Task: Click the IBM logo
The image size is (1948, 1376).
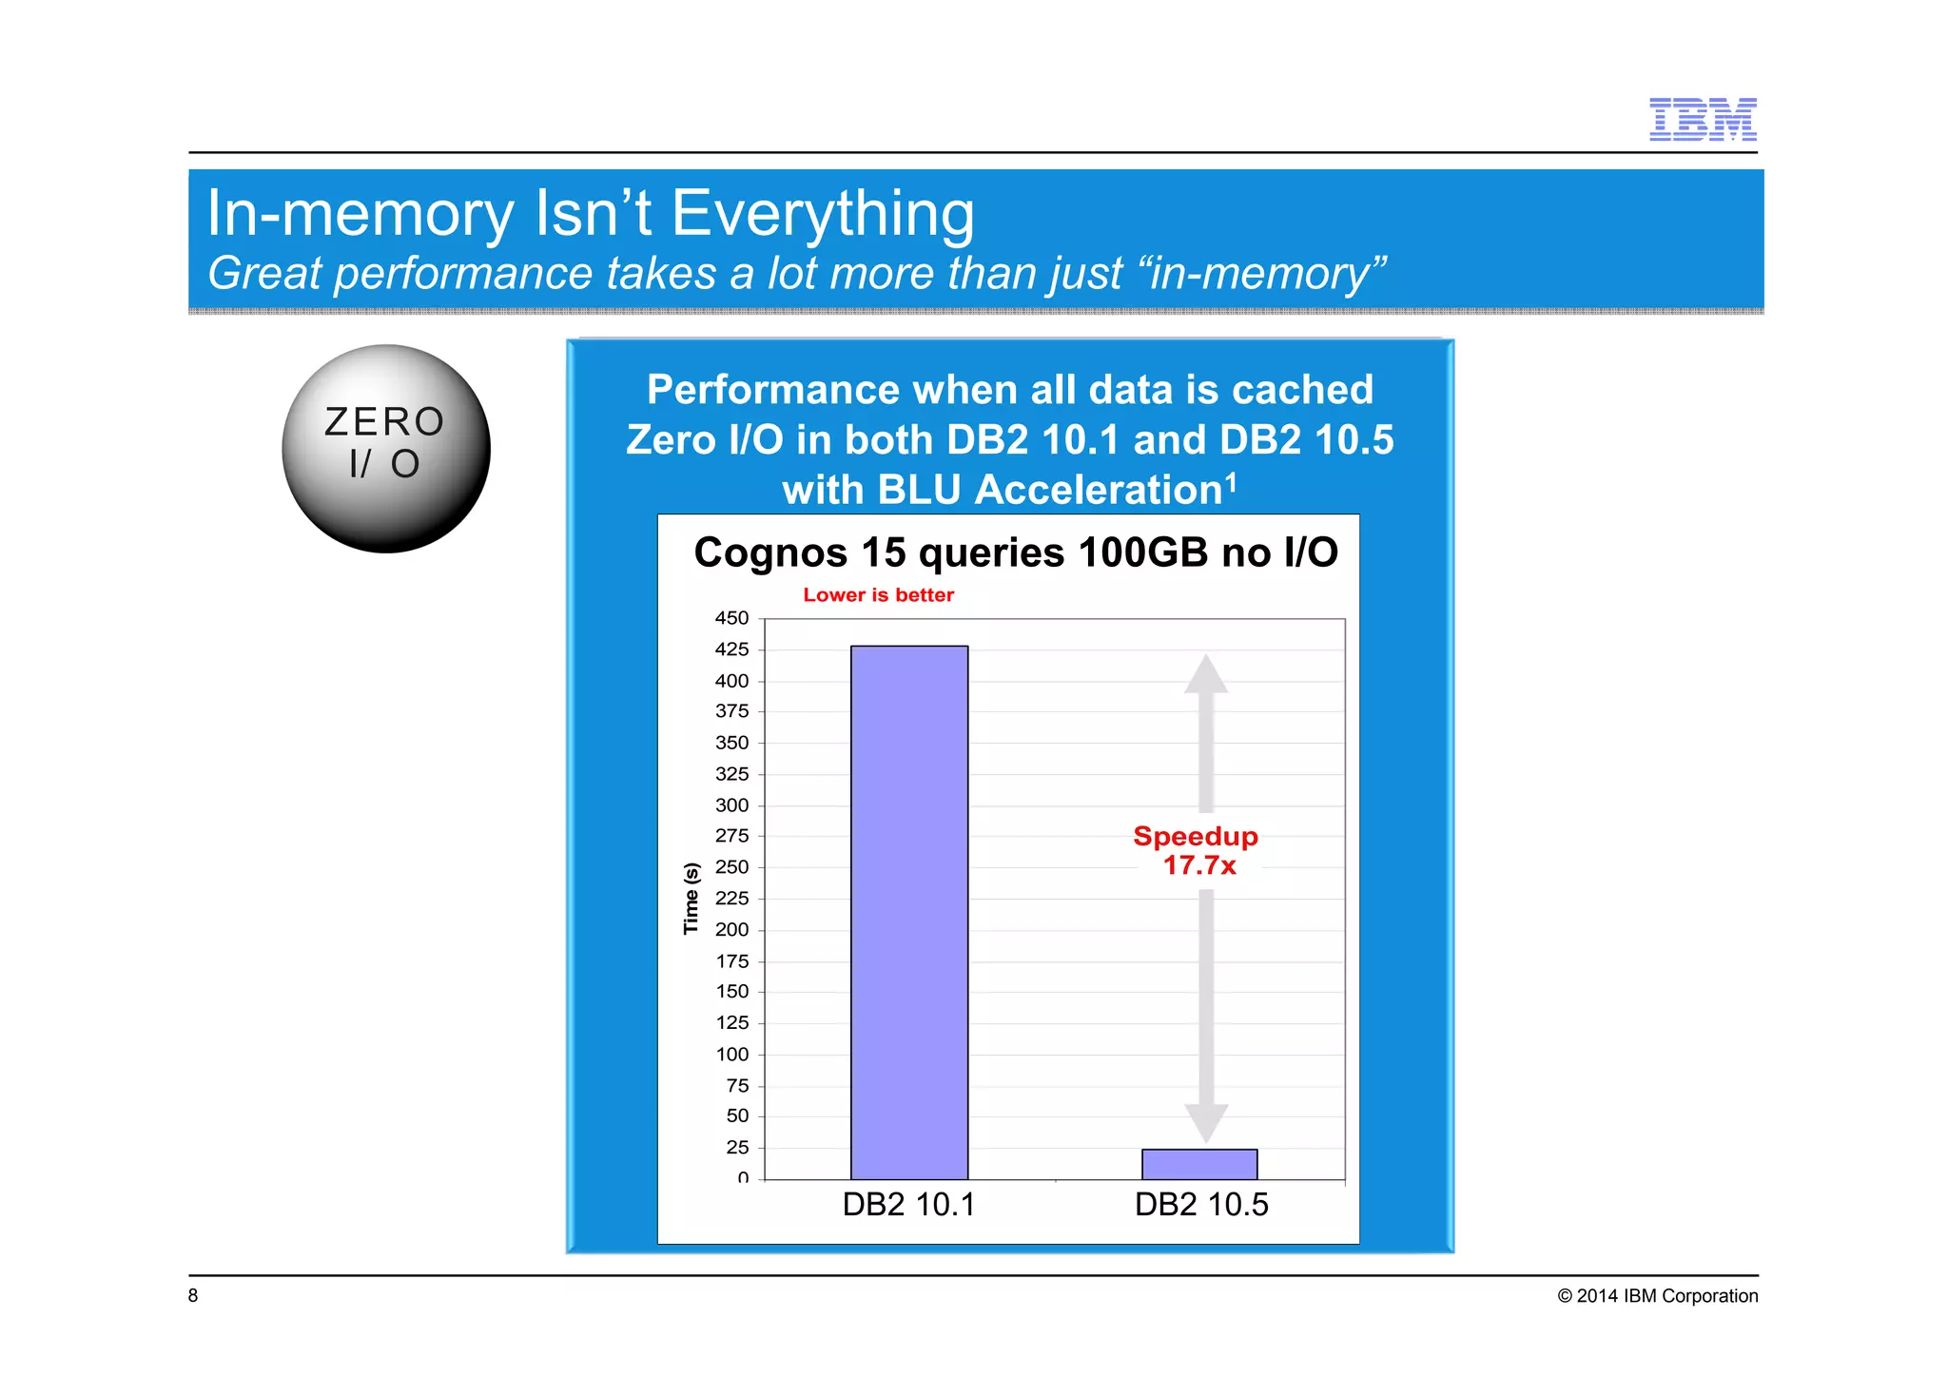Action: [x=1702, y=120]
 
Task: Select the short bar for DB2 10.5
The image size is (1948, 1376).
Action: [x=1198, y=1164]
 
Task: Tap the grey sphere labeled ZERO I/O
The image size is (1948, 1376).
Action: [x=386, y=448]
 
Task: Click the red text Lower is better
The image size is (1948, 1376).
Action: [x=878, y=595]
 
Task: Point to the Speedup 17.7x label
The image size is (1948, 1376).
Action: [x=1197, y=850]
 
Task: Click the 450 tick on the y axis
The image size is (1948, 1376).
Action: [x=731, y=618]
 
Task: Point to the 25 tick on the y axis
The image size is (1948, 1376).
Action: [x=737, y=1148]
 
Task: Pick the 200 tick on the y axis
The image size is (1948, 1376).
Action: [x=731, y=930]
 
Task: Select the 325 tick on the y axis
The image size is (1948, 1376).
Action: [x=731, y=774]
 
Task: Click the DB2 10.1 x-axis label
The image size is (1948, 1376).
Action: [x=908, y=1205]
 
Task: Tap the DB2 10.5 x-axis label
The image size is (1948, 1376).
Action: [x=1200, y=1205]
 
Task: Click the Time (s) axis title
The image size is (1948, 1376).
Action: [x=692, y=899]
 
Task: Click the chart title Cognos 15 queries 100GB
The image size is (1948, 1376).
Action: [x=1015, y=552]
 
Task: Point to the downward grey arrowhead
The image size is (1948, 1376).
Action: [x=1206, y=1123]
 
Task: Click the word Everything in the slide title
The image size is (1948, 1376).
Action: [x=823, y=213]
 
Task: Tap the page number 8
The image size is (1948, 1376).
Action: [x=193, y=1295]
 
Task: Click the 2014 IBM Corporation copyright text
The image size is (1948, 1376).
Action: [x=1657, y=1296]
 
